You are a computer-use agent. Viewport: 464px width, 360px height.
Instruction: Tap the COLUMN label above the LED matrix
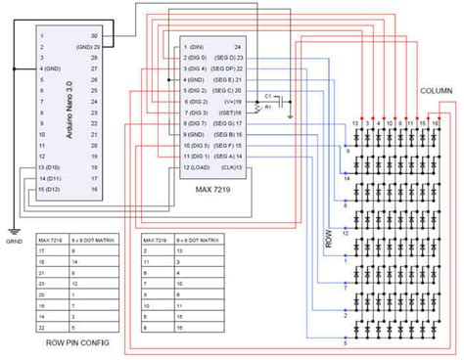click(435, 89)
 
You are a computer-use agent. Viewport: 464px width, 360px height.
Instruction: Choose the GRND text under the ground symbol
click(13, 240)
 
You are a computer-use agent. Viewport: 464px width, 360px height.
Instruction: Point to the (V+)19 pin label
click(233, 102)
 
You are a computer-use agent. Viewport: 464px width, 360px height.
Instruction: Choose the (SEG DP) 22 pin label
click(225, 68)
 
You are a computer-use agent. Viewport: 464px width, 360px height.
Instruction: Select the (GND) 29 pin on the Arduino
click(91, 46)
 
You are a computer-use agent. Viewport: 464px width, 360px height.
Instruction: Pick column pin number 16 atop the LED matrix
click(436, 124)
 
